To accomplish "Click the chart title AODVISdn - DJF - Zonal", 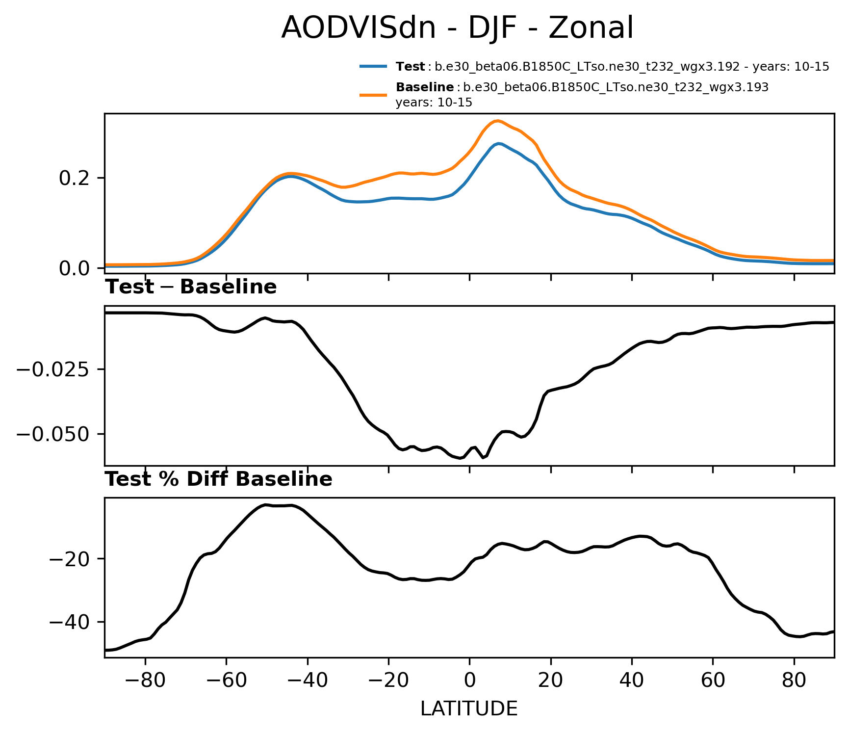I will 457,28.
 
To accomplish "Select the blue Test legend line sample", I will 374,66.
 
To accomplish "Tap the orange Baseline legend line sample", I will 374,95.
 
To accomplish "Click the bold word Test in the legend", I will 411,67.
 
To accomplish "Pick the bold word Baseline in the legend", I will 425,87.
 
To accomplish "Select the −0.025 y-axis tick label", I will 53,369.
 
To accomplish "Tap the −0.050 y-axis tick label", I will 53,434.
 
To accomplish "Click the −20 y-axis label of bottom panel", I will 68,559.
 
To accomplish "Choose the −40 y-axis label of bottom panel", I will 68,622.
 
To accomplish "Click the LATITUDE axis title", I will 469,708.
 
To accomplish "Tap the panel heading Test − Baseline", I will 191,287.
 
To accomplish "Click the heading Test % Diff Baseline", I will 219,479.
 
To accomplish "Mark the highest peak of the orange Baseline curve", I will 497,121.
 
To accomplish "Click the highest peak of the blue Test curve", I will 499,143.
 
